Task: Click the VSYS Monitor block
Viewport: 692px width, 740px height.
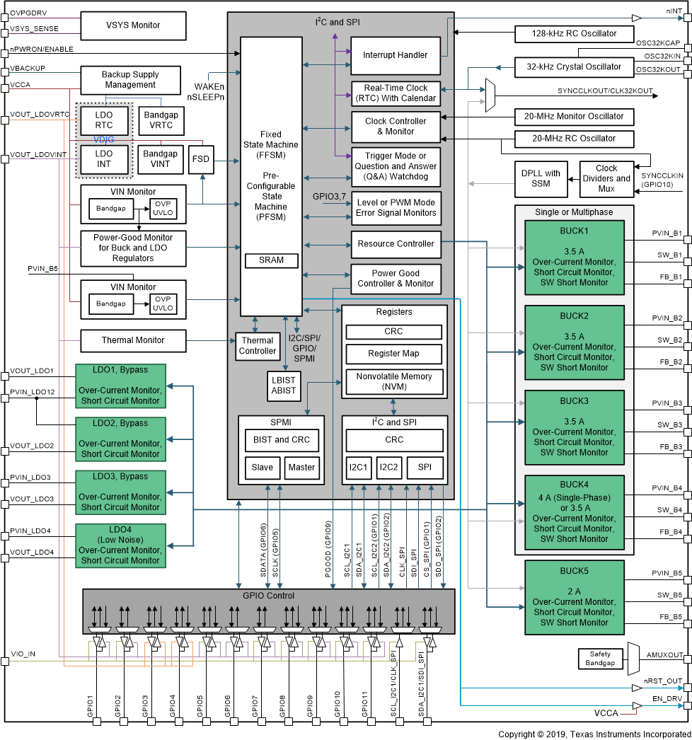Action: [133, 25]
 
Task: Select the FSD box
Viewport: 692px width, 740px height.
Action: [201, 159]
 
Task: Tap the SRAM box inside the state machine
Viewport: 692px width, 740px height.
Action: [272, 260]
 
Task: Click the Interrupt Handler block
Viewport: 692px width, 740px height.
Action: [396, 55]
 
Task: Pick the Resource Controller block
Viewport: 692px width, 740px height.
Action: [396, 244]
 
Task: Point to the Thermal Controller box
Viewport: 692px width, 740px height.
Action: [258, 346]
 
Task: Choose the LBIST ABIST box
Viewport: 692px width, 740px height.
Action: [284, 386]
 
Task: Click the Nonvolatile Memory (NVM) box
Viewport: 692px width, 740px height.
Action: [394, 381]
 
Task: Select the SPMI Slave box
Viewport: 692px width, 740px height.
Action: [263, 467]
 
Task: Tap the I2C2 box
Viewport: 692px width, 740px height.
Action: [388, 467]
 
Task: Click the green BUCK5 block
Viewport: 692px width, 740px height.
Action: [575, 597]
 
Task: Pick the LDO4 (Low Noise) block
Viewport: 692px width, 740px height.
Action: [120, 545]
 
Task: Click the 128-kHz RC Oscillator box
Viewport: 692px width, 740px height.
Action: [574, 33]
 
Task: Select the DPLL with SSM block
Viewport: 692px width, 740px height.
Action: [541, 179]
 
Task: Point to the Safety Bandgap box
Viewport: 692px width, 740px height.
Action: [601, 659]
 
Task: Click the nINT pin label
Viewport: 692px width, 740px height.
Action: [674, 11]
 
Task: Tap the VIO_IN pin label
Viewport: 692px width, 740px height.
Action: [23, 654]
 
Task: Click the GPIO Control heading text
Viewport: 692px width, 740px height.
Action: [269, 596]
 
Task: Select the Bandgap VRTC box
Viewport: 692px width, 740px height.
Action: [161, 120]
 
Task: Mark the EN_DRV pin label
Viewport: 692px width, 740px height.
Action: [667, 698]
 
